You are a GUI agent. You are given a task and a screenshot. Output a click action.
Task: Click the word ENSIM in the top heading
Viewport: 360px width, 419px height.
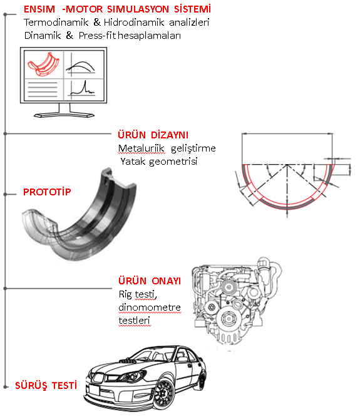(39, 9)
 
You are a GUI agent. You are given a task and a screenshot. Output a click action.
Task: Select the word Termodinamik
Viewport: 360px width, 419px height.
(56, 23)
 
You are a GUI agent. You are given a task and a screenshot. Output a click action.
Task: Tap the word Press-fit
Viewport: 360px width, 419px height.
(97, 36)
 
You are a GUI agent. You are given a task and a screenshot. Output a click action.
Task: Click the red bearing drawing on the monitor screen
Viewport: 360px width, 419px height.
(44, 65)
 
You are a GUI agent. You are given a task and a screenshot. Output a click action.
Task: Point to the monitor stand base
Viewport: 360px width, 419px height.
(64, 115)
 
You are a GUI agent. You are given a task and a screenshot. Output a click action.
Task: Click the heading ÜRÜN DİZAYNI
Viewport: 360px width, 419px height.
(153, 135)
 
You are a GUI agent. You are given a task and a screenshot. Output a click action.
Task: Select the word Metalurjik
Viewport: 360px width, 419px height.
(141, 148)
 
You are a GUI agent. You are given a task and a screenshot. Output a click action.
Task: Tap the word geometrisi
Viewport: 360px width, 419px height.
(173, 162)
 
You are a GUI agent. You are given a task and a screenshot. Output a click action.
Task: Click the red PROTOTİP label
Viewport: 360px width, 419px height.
(47, 192)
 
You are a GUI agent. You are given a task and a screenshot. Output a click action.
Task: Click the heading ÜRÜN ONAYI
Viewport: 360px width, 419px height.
(150, 281)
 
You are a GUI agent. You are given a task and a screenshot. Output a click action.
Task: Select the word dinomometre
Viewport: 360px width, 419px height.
(150, 308)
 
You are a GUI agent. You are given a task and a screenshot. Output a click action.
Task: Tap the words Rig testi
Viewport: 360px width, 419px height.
(138, 294)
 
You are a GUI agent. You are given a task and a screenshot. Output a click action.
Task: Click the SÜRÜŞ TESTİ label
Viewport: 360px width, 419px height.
(46, 386)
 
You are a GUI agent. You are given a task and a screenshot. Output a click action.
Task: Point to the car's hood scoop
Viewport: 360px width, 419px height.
(128, 361)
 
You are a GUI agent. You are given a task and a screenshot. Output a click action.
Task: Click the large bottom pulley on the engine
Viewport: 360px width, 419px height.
(229, 319)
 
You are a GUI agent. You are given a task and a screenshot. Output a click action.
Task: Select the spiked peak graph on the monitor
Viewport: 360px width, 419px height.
(82, 89)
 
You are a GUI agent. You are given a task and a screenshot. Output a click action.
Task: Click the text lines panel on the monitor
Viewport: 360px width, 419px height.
(43, 90)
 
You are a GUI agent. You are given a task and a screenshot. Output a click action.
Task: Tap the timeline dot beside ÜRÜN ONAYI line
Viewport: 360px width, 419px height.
(5, 289)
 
